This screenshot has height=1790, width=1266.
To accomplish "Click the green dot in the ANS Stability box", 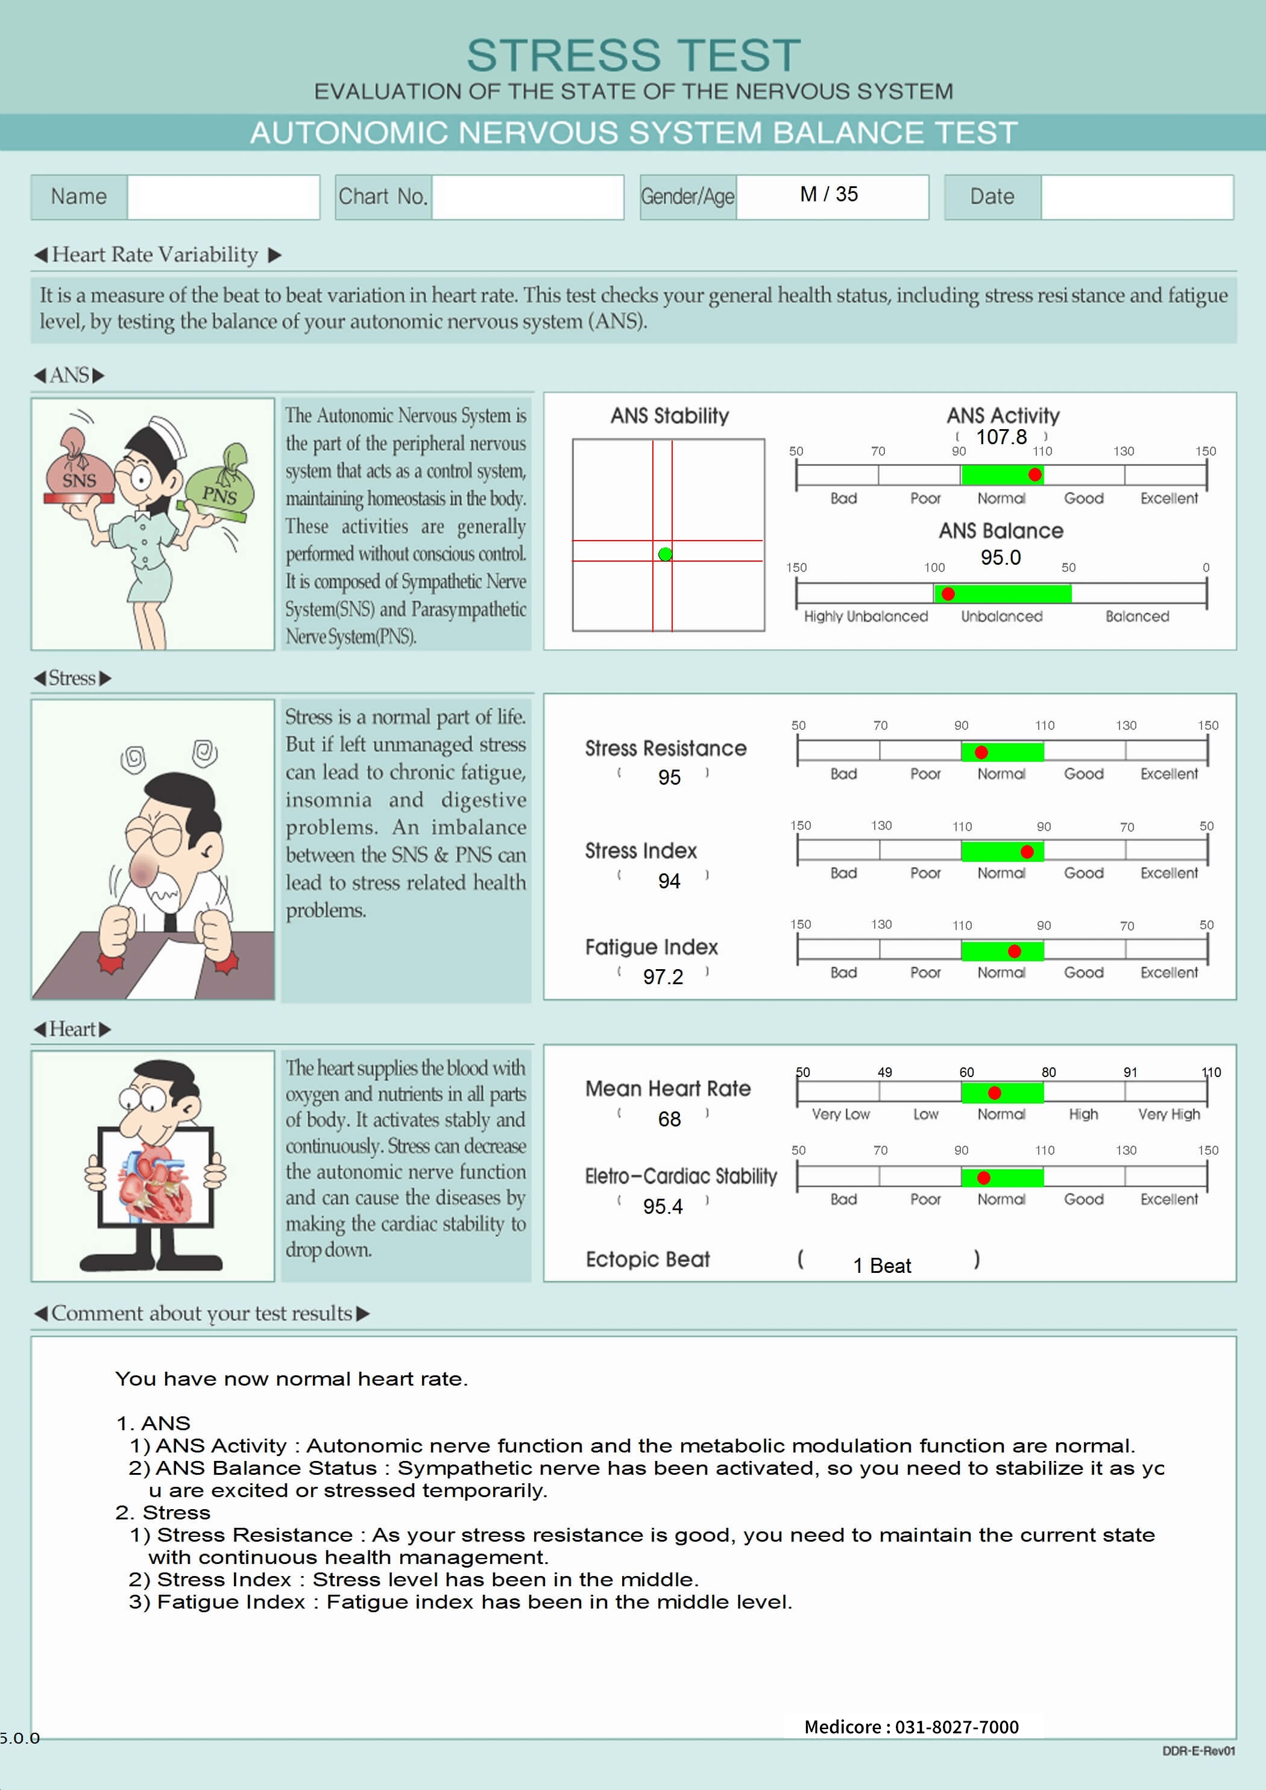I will [x=664, y=554].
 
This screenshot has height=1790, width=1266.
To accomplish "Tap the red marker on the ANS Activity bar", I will [x=1035, y=475].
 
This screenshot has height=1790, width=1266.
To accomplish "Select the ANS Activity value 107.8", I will [x=1001, y=438].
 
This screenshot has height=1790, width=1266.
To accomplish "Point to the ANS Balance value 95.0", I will [x=1000, y=557].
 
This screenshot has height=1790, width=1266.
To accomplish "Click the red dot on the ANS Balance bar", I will [x=948, y=594].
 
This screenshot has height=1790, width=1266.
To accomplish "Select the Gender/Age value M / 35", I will [x=828, y=194].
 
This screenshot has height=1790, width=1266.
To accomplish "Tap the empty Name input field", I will [x=223, y=197].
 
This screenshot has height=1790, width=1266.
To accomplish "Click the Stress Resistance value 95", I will [x=669, y=777].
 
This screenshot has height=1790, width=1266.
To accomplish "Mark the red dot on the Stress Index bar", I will [x=1027, y=852].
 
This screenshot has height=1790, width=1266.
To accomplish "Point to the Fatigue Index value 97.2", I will [x=663, y=977].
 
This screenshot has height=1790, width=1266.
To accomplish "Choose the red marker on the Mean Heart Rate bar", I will [x=994, y=1093].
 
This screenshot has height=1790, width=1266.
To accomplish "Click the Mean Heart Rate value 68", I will [x=669, y=1120].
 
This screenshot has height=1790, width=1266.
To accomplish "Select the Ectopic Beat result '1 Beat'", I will [x=881, y=1265].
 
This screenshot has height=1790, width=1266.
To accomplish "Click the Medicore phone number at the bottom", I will [x=911, y=1727].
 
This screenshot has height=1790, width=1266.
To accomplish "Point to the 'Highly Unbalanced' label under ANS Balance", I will [x=865, y=617].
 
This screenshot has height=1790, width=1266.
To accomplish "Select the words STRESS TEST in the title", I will [x=634, y=56].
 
